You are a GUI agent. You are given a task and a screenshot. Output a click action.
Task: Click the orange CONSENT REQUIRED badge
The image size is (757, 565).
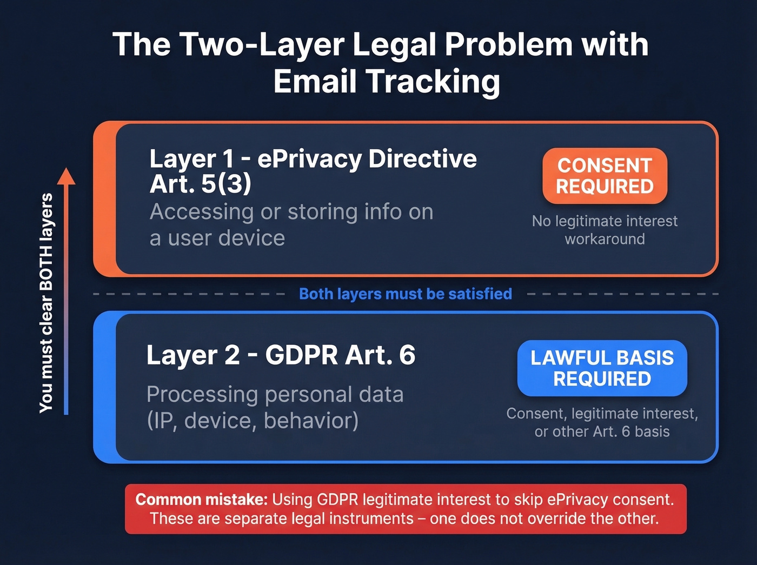click(605, 176)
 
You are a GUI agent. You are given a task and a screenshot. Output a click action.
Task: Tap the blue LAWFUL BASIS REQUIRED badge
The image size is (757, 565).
click(602, 368)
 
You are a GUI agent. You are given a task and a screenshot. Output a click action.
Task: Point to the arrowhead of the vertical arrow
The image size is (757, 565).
click(66, 175)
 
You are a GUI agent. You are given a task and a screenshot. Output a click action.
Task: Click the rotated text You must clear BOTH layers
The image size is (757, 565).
click(47, 303)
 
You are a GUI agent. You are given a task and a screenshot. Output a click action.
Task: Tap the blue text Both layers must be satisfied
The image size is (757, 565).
click(405, 294)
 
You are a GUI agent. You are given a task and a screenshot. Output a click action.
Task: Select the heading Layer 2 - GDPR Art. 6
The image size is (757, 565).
click(280, 355)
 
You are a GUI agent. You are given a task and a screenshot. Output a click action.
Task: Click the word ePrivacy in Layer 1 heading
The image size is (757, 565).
click(309, 159)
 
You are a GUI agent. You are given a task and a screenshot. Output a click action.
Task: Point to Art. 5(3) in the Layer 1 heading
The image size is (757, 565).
click(200, 184)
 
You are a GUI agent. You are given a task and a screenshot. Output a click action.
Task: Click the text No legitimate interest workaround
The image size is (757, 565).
click(605, 230)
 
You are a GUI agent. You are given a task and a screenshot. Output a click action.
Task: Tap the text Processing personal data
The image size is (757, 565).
click(275, 394)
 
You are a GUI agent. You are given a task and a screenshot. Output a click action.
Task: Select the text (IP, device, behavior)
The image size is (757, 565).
click(253, 421)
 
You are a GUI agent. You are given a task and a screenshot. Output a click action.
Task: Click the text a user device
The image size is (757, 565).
click(217, 238)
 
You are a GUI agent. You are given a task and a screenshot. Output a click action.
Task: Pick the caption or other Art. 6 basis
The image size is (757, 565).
click(602, 431)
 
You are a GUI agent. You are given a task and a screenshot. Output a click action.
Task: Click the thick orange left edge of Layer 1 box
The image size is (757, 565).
click(105, 199)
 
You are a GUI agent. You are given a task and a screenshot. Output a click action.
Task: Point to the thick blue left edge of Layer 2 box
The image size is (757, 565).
click(105, 387)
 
